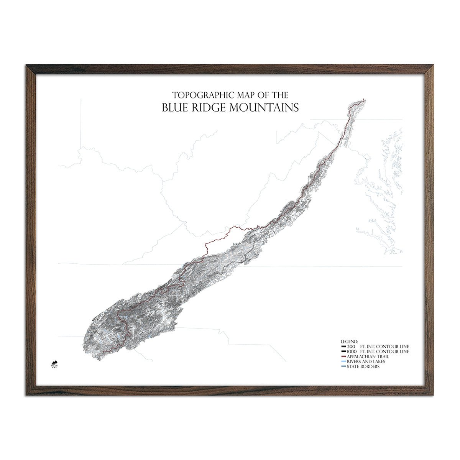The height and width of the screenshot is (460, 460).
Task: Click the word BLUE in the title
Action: [175, 107]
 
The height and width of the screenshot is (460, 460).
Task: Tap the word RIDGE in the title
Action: [208, 107]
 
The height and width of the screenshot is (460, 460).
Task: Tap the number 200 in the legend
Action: [351, 346]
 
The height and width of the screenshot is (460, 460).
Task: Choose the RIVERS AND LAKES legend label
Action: [366, 361]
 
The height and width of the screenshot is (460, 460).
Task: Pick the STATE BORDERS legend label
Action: [363, 367]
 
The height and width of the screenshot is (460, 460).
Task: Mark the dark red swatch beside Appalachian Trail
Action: [343, 356]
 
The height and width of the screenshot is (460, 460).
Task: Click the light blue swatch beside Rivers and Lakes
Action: [343, 361]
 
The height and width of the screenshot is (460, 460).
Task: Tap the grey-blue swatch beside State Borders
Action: [343, 367]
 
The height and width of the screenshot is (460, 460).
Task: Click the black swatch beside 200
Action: [343, 346]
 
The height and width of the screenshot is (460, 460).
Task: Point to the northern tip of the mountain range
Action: [363, 100]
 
